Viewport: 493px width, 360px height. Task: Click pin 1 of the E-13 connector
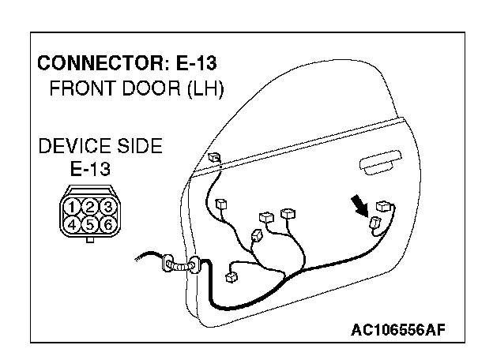click(73, 208)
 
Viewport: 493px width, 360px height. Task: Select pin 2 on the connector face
click(91, 208)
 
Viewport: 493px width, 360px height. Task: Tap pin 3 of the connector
click(108, 208)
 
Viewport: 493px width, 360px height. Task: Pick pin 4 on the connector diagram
click(73, 223)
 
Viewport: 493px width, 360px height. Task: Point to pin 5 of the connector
click(91, 223)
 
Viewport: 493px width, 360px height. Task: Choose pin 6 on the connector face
click(108, 223)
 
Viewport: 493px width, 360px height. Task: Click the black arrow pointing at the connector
click(360, 206)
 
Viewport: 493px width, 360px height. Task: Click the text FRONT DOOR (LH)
click(137, 88)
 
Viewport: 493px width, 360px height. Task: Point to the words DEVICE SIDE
click(100, 146)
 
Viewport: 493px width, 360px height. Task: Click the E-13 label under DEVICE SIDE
click(88, 167)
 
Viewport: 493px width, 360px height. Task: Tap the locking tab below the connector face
click(91, 240)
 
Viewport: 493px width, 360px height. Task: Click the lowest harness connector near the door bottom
click(231, 276)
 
